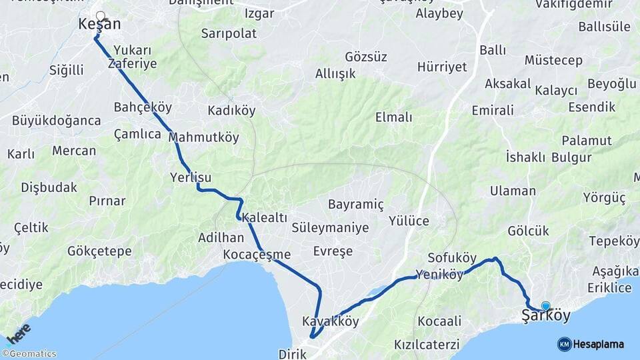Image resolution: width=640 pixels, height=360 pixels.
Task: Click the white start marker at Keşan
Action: [x=100, y=16]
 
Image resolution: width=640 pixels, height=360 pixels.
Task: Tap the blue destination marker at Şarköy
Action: [x=545, y=306]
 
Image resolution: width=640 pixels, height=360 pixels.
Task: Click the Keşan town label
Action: [x=99, y=25]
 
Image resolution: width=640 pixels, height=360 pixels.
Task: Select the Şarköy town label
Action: [x=546, y=315]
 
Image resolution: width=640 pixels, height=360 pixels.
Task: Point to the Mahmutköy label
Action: [x=203, y=137]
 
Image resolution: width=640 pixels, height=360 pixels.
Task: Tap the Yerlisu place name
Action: [x=191, y=177]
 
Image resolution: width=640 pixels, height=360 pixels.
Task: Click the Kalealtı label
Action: [x=265, y=217]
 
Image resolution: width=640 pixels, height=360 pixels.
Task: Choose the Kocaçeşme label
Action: [x=257, y=254]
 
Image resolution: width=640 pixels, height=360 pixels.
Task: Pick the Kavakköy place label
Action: [x=331, y=321]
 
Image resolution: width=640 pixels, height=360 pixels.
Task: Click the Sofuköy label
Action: [x=452, y=258]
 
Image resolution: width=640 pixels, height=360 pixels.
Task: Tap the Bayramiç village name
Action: [x=355, y=204]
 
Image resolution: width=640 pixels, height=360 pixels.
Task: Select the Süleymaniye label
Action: [x=330, y=228]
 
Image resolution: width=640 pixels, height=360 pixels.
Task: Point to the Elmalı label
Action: [x=393, y=117]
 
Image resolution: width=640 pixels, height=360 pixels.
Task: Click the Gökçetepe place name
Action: [x=99, y=251]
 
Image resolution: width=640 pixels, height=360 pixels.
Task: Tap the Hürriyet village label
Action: [x=442, y=67]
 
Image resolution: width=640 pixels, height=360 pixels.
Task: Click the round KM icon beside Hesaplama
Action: [x=564, y=344]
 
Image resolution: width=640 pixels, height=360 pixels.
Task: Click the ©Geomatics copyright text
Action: [x=29, y=354]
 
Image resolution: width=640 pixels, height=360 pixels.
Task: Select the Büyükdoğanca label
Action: [x=56, y=121]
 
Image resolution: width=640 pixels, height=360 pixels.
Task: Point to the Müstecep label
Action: [x=553, y=61]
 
